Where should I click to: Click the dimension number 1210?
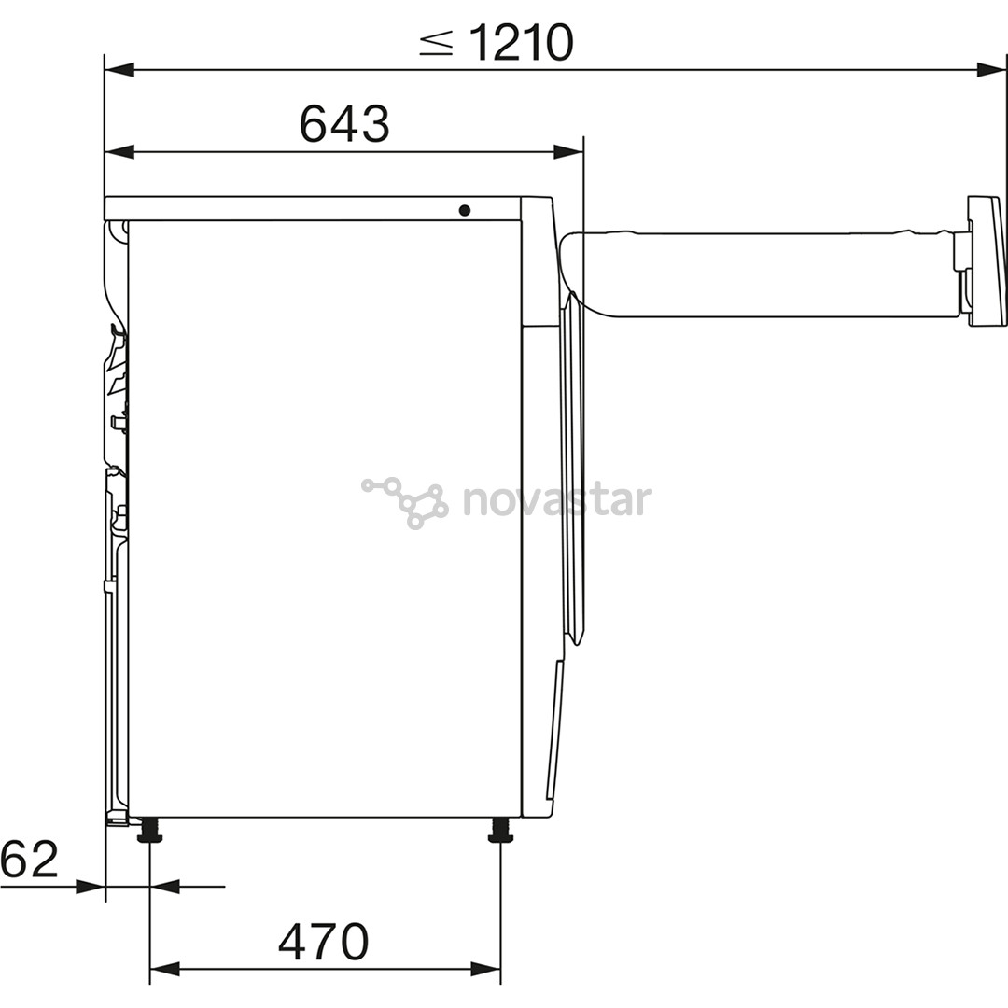[522, 42]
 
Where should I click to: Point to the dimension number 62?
[30, 859]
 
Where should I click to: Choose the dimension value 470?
[323, 942]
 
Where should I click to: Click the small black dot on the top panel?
[465, 210]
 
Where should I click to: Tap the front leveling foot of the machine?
[501, 830]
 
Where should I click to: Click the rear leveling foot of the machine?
[149, 830]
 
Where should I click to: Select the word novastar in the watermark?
[557, 500]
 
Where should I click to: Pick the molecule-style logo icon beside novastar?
[404, 502]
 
